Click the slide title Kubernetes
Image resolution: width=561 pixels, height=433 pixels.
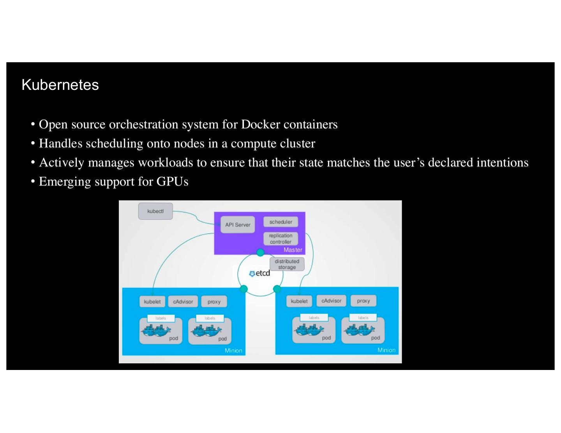pyautogui.click(x=60, y=85)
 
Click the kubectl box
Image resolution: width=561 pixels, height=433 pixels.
pyautogui.click(x=155, y=211)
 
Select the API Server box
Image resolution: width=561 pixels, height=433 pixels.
pyautogui.click(x=238, y=225)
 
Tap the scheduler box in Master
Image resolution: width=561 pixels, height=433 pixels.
pyautogui.click(x=280, y=222)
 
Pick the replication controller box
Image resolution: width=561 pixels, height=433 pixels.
pyautogui.click(x=280, y=238)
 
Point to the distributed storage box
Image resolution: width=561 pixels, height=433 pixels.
pyautogui.click(x=287, y=264)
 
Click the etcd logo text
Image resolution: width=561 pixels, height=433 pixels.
pyautogui.click(x=260, y=273)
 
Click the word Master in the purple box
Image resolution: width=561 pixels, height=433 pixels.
pyautogui.click(x=293, y=250)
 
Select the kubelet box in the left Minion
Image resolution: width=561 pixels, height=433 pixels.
pyautogui.click(x=152, y=302)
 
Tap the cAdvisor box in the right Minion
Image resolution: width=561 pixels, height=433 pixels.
pyautogui.click(x=331, y=301)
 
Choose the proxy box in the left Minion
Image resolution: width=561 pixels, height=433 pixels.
pyautogui.click(x=214, y=302)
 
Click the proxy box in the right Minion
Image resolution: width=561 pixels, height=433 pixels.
pyautogui.click(x=363, y=301)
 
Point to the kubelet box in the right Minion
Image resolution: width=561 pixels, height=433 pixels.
pyautogui.click(x=299, y=301)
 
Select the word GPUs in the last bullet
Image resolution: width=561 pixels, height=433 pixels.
pyautogui.click(x=172, y=181)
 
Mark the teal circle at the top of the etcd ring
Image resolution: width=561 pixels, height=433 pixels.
pyautogui.click(x=260, y=253)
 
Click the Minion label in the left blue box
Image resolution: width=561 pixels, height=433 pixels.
pyautogui.click(x=233, y=351)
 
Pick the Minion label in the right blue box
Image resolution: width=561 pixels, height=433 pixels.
pyautogui.click(x=386, y=350)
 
